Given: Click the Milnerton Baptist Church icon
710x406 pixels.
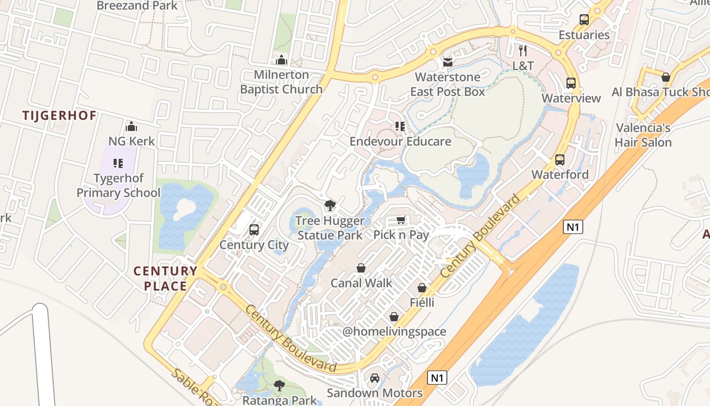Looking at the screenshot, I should pyautogui.click(x=281, y=60).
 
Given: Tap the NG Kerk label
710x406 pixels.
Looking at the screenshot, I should pyautogui.click(x=131, y=141).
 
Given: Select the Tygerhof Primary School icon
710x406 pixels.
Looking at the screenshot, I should pyautogui.click(x=118, y=163).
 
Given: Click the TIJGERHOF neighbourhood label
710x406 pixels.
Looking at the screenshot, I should pyautogui.click(x=59, y=115).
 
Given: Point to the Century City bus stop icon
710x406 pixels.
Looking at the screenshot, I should pyautogui.click(x=254, y=230).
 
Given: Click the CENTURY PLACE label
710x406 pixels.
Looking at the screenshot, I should pyautogui.click(x=165, y=278).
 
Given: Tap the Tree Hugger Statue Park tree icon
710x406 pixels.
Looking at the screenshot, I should pyautogui.click(x=330, y=206).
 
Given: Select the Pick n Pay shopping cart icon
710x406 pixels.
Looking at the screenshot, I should pyautogui.click(x=401, y=220).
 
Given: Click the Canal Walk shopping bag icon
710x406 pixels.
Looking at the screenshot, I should pyautogui.click(x=361, y=268).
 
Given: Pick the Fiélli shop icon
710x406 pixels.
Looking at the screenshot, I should pyautogui.click(x=422, y=288).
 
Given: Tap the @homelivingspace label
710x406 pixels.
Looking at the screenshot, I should pyautogui.click(x=394, y=331).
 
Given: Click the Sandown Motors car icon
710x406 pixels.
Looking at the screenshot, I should pyautogui.click(x=375, y=378).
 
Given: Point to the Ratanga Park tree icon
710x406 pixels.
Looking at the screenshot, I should pyautogui.click(x=279, y=386).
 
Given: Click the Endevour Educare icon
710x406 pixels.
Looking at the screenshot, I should pyautogui.click(x=400, y=126).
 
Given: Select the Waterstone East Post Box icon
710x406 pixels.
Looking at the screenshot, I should pyautogui.click(x=448, y=62).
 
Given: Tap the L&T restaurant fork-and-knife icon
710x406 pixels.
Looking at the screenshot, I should pyautogui.click(x=523, y=50).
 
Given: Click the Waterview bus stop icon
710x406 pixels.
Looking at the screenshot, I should pyautogui.click(x=571, y=83).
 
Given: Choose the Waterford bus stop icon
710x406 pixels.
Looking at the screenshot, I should pyautogui.click(x=560, y=160).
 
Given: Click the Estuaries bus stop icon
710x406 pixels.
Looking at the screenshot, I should pyautogui.click(x=584, y=20).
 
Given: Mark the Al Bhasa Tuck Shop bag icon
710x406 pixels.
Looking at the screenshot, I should pyautogui.click(x=666, y=77).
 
